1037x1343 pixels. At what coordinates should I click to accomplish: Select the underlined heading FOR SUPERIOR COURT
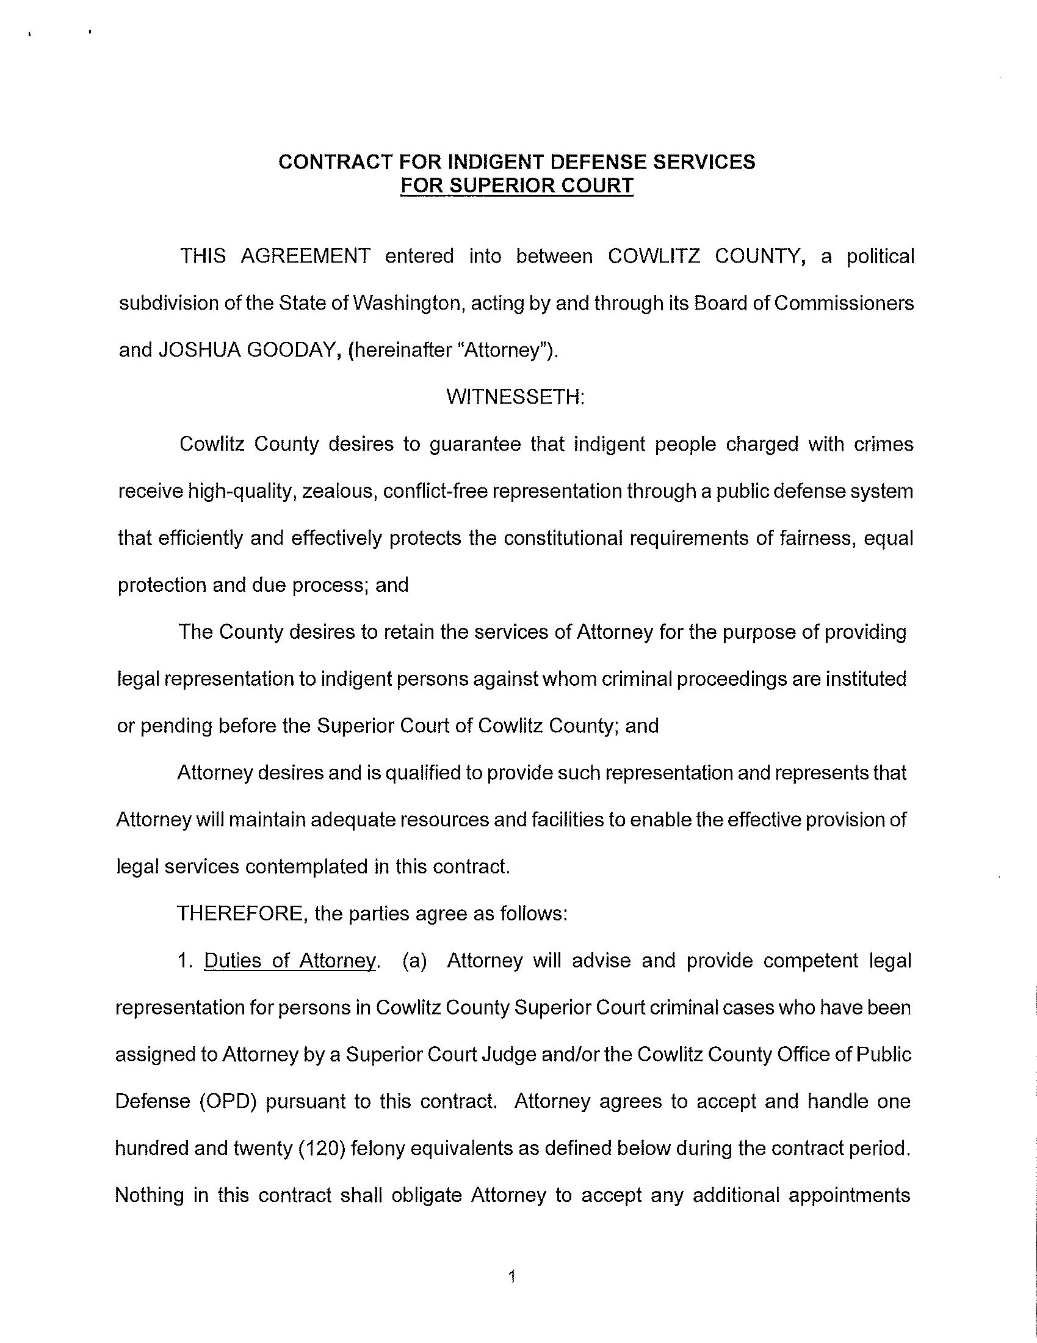[x=516, y=185]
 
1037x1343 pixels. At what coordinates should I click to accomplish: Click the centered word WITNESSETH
[x=515, y=397]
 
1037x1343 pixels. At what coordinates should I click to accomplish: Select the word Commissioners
[x=844, y=303]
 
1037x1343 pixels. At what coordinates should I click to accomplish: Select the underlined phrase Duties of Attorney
[x=289, y=961]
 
